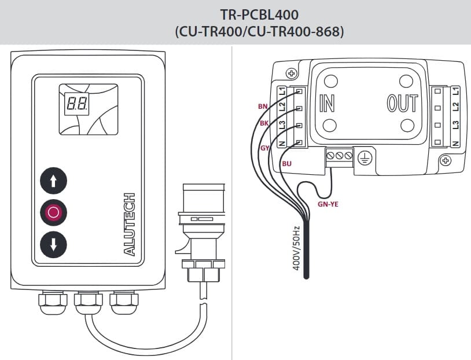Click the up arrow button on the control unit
pos(53,181)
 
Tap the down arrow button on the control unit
pos(53,245)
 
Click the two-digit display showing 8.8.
pos(77,104)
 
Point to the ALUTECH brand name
pos(130,225)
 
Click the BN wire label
pos(263,106)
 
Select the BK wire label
pos(264,123)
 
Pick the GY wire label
pos(264,148)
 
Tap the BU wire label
pos(287,164)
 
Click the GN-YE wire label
pos(328,204)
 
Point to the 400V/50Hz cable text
pos(296,248)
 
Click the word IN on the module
pos(327,103)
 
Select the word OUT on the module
pos(402,103)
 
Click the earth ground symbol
pos(365,157)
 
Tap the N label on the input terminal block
pos(282,143)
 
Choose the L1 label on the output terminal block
pos(456,91)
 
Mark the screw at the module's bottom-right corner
pos(446,160)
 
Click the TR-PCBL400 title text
pos(260,14)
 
